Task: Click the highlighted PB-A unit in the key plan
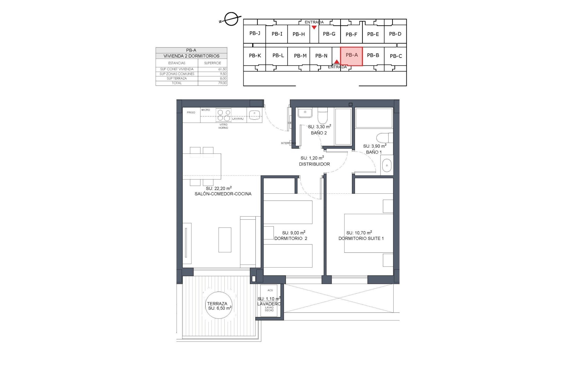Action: (351, 56)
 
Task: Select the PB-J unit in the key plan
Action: (255, 33)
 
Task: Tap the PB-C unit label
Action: (395, 56)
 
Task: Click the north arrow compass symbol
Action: (231, 19)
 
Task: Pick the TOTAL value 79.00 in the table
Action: (222, 83)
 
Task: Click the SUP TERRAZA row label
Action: (177, 78)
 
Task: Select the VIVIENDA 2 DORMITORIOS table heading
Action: (191, 56)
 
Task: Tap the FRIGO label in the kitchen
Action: (191, 113)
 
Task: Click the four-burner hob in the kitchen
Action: (224, 115)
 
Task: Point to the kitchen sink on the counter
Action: (255, 114)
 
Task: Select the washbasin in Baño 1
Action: (386, 165)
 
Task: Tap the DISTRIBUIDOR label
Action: (314, 164)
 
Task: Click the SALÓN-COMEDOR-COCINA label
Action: (223, 194)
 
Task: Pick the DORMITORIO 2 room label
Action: (291, 238)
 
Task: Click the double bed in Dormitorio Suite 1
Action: (368, 233)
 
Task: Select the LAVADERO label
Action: (269, 304)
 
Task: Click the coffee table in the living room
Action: (225, 240)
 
